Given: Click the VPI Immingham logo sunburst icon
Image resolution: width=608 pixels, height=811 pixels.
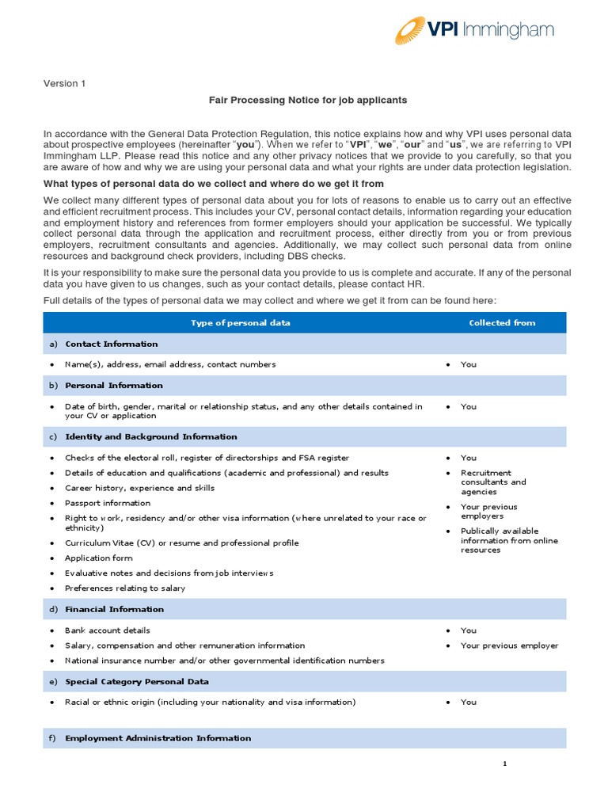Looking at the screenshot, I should pyautogui.click(x=414, y=31).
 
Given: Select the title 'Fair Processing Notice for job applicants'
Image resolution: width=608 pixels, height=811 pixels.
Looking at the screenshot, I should pyautogui.click(x=307, y=101).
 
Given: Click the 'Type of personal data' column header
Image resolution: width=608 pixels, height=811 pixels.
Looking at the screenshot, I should pyautogui.click(x=240, y=322).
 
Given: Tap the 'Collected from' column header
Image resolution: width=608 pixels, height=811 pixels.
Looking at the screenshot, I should pyautogui.click(x=502, y=322).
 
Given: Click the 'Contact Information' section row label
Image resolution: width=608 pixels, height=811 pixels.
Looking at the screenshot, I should pyautogui.click(x=111, y=344).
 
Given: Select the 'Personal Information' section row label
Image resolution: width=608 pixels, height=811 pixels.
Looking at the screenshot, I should pyautogui.click(x=114, y=385).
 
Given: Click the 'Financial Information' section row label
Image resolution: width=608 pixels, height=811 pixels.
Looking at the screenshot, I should pyautogui.click(x=114, y=609).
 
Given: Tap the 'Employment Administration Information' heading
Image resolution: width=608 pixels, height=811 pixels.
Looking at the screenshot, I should pyautogui.click(x=158, y=738).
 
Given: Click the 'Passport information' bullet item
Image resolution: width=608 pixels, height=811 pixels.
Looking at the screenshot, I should pyautogui.click(x=107, y=503).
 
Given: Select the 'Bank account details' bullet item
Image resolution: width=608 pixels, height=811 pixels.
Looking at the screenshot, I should pyautogui.click(x=107, y=630).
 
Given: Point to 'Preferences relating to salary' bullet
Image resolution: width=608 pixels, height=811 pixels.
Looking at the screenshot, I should pyautogui.click(x=124, y=588).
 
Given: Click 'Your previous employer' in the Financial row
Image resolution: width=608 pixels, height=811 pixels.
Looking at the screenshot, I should pyautogui.click(x=509, y=645).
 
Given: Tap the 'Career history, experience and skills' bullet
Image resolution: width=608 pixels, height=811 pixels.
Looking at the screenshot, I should pyautogui.click(x=139, y=488).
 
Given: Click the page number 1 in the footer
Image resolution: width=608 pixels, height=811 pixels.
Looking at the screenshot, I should pyautogui.click(x=504, y=763).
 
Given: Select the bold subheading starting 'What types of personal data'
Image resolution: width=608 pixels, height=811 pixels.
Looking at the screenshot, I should pyautogui.click(x=215, y=184).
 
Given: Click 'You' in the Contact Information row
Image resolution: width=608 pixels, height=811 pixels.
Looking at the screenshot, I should pyautogui.click(x=469, y=364).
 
